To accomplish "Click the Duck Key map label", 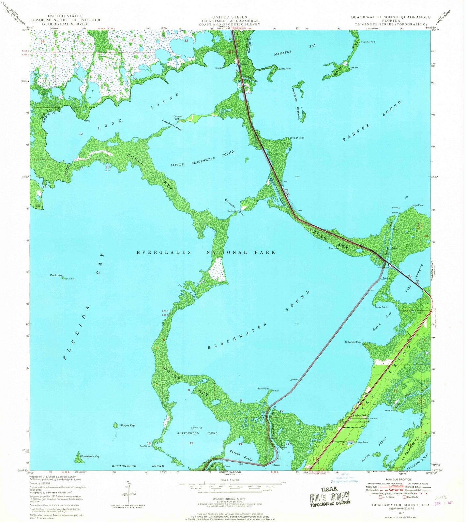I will (x=56, y=275).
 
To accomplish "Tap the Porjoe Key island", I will (x=115, y=425).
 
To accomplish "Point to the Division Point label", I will (x=297, y=138).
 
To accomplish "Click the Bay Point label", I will (x=286, y=69).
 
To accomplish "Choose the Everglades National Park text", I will (x=206, y=252).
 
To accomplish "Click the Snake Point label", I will (x=381, y=307).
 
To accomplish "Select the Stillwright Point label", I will (x=353, y=342).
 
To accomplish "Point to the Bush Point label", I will (x=263, y=389).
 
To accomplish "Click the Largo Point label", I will (x=417, y=205).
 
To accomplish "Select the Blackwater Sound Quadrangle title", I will (x=391, y=17).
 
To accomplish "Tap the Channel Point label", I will (x=178, y=118).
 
